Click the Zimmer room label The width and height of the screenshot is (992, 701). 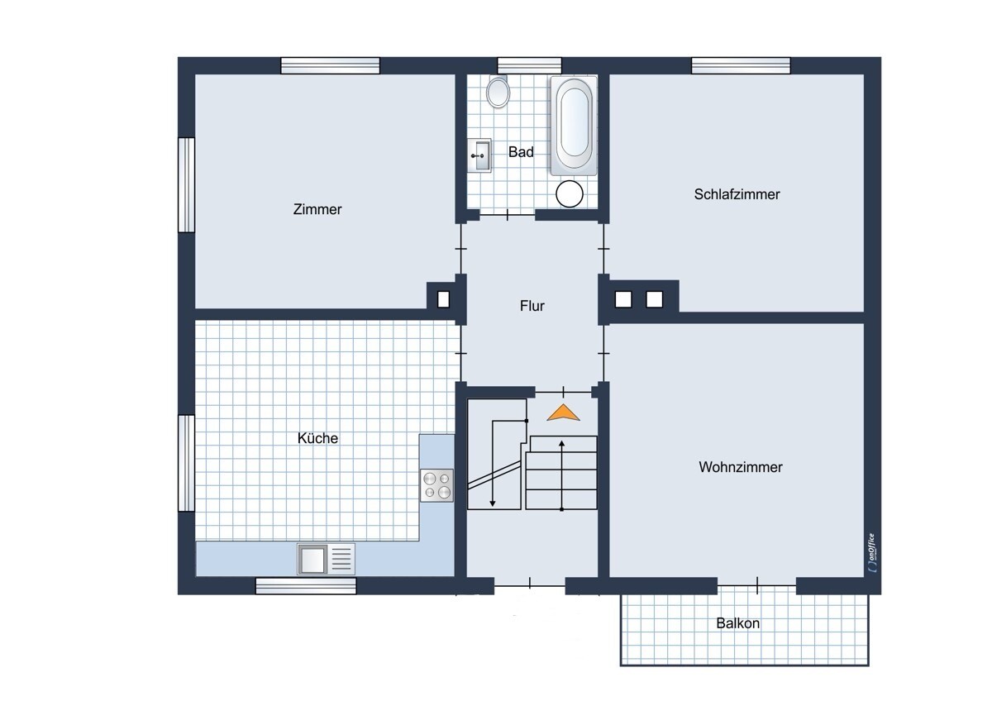tap(317, 209)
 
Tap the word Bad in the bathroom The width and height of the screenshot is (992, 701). tap(521, 152)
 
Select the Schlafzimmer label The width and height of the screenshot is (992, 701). tap(737, 194)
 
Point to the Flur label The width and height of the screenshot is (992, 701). tap(532, 306)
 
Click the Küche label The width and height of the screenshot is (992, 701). tap(317, 438)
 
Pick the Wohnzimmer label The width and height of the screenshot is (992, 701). tap(741, 467)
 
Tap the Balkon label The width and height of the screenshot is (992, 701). tap(737, 623)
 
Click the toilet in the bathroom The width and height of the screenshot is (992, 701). tap(498, 93)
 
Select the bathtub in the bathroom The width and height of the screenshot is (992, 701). tap(574, 126)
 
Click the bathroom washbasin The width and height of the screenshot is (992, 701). tap(479, 155)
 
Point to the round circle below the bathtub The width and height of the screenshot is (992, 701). tap(569, 194)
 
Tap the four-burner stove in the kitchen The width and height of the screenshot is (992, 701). tap(436, 485)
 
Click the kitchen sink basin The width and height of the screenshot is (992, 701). tap(312, 559)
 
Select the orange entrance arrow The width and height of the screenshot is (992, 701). tap(563, 412)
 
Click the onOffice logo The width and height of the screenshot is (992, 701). tap(872, 552)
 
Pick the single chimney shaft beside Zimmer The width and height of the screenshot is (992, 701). tap(443, 299)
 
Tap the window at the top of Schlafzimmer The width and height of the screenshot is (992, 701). tap(741, 66)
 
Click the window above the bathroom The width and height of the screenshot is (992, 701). tap(529, 66)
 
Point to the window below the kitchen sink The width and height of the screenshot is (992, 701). tap(306, 586)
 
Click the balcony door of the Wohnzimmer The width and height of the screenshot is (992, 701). tap(757, 586)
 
